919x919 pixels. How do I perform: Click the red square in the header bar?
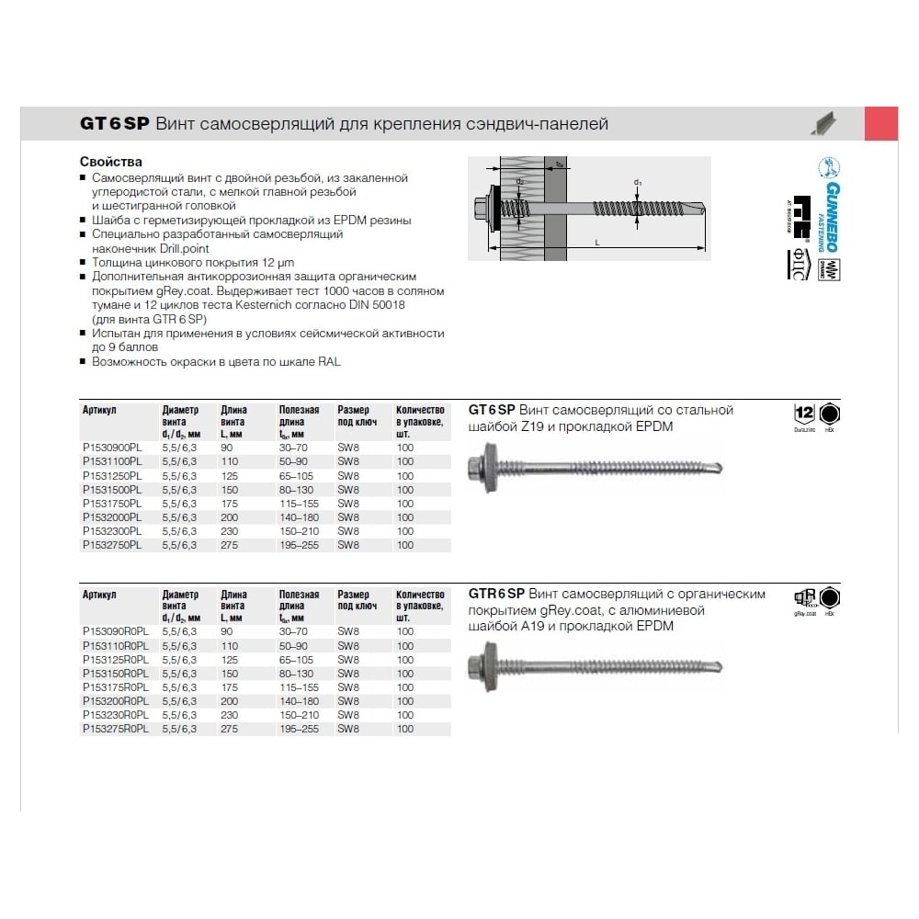pos(881,123)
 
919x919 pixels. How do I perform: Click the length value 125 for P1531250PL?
pos(230,476)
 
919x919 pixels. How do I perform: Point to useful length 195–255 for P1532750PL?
pos(300,545)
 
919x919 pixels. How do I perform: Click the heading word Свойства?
pos(111,162)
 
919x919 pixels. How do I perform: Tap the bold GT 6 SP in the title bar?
pos(114,124)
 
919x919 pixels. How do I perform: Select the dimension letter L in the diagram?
pos(597,242)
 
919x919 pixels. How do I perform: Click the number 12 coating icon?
pos(804,413)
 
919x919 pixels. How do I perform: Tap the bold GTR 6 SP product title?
pos(496,594)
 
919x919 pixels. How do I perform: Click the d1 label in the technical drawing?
pos(638,183)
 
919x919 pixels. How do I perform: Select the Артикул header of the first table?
pos(98,410)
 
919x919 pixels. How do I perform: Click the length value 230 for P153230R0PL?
pos(230,715)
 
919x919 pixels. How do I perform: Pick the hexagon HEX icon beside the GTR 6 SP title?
pos(831,596)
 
